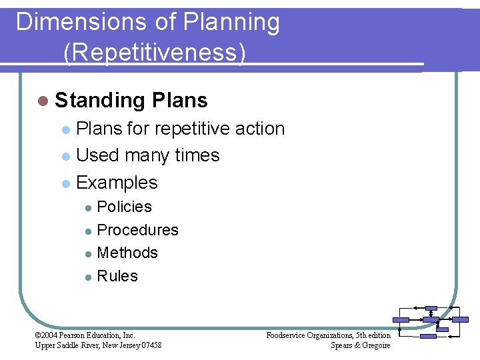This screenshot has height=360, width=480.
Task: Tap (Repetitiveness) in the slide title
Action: (x=155, y=51)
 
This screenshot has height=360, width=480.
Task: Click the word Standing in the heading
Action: (x=101, y=101)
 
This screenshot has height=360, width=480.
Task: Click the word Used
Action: (x=98, y=155)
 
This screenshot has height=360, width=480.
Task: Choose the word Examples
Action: (x=117, y=183)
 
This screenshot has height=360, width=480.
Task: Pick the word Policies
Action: (x=125, y=207)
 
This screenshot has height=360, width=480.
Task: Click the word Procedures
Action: (x=138, y=230)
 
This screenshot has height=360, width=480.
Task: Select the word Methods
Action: (x=127, y=253)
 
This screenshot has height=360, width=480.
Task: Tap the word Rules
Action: (x=117, y=276)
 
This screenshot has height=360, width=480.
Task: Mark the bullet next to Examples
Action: (x=65, y=183)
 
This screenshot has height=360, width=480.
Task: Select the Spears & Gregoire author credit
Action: (x=360, y=345)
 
